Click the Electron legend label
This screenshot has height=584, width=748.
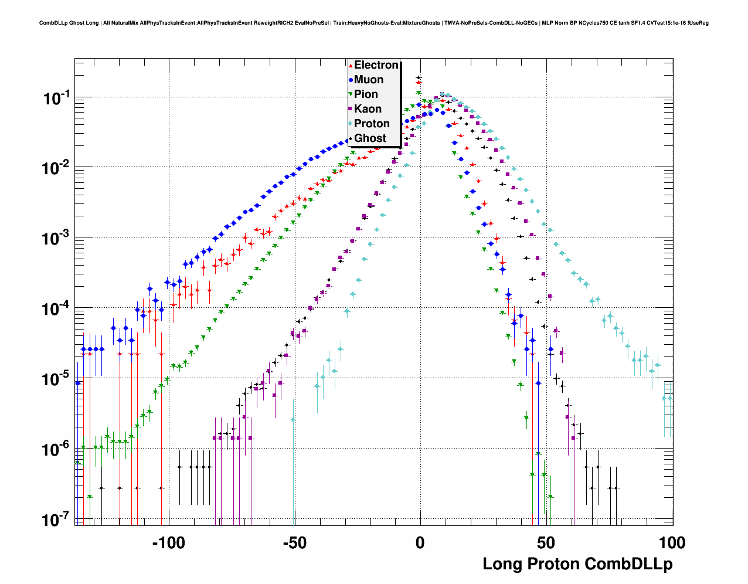pos(376,65)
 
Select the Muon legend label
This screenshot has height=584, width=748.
pos(369,80)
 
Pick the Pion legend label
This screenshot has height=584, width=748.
pos(366,94)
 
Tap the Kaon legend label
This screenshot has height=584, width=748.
pos(368,109)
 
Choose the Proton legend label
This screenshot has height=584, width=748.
pos(372,124)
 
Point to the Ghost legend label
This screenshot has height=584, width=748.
pos(370,138)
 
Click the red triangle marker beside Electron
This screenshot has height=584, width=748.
pos(351,66)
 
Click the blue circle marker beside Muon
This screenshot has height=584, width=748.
pos(351,80)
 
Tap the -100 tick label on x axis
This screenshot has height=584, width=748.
pos(168,543)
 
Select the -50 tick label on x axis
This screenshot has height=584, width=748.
pos(294,543)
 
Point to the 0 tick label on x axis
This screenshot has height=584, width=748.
pos(420,543)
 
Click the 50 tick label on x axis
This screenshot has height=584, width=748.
pos(546,543)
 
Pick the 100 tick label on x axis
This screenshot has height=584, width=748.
pos(671,543)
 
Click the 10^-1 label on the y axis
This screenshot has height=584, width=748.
pos(57,98)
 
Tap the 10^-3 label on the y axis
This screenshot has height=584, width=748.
pos(57,239)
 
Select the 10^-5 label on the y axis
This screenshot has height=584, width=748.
pos(57,379)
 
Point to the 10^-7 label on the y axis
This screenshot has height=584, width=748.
pos(57,520)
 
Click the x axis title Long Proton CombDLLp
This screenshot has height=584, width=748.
pos(577,564)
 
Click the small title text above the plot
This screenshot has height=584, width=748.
pos(374,23)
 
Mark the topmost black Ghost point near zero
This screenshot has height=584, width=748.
pos(419,77)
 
